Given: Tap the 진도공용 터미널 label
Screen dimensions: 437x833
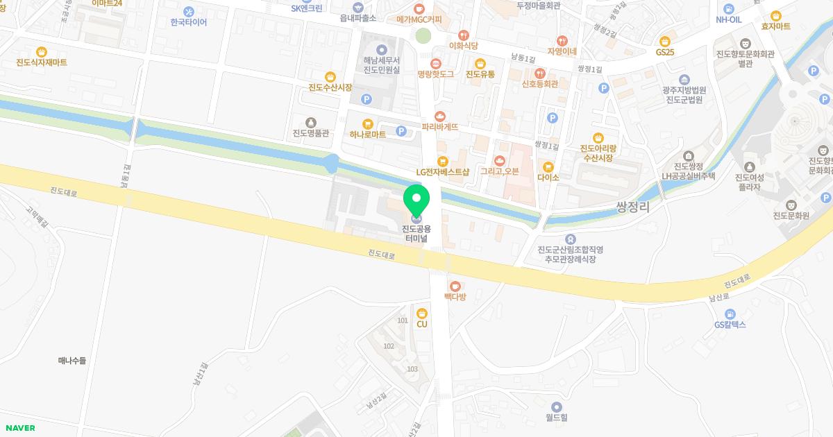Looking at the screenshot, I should (x=416, y=234).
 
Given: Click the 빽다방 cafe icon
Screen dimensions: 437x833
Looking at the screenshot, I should (x=455, y=286).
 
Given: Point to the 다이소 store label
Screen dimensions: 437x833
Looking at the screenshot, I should (x=548, y=177).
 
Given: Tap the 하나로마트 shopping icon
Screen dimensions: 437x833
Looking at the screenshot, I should (x=368, y=123).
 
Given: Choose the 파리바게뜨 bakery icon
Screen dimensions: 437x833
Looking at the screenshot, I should (x=439, y=117).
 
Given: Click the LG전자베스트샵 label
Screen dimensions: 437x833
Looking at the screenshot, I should (x=442, y=171).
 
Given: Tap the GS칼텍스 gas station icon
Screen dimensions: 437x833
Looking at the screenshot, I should (x=730, y=314).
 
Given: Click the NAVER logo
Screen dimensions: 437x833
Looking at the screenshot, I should (x=20, y=428).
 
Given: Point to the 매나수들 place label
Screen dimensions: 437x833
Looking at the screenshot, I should (x=72, y=361).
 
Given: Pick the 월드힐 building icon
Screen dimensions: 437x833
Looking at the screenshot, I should (x=556, y=406).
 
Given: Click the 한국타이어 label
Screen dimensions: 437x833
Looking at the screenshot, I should (x=189, y=22).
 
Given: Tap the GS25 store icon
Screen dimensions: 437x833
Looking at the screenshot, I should (x=665, y=41).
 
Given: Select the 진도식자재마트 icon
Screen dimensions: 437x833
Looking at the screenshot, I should (x=42, y=51).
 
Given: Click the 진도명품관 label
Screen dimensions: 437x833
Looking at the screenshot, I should (x=310, y=133).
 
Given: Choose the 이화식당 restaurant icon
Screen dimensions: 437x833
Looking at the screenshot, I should (x=464, y=35).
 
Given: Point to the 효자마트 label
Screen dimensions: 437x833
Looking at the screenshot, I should (x=776, y=26).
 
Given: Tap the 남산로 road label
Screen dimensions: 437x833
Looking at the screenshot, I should (x=718, y=297).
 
